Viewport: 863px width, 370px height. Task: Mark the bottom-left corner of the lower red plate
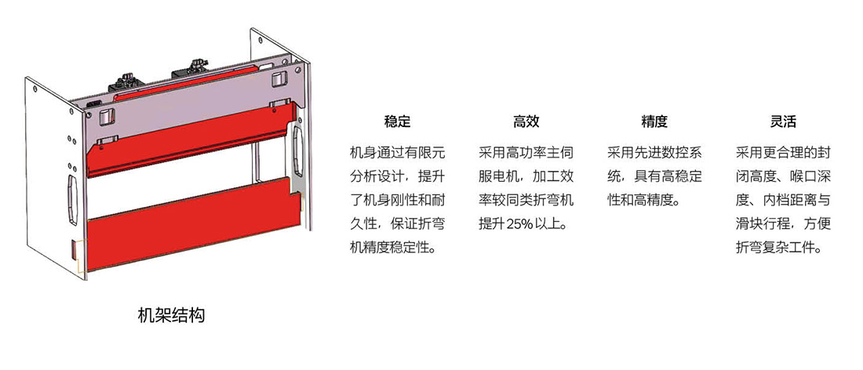(88, 270)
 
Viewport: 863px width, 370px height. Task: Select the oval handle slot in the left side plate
(72, 200)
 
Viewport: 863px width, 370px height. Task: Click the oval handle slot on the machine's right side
(298, 150)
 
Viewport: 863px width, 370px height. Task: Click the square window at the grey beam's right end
(279, 78)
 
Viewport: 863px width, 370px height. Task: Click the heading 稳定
(398, 122)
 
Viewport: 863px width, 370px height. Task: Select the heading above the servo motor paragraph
(526, 122)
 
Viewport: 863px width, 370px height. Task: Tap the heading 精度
(654, 122)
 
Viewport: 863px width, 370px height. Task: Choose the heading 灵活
(783, 122)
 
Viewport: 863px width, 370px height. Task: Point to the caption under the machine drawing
(171, 316)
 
